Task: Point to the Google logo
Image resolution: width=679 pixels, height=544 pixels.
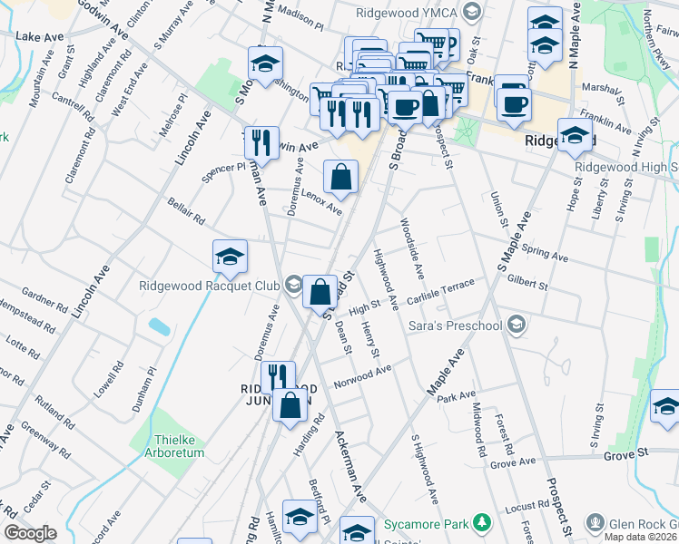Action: pos(30,533)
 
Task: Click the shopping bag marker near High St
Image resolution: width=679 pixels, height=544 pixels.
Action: pos(320,293)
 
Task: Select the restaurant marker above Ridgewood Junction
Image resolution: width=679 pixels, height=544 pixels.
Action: pos(279,378)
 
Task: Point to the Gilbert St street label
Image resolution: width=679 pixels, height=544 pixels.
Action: pos(528,283)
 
